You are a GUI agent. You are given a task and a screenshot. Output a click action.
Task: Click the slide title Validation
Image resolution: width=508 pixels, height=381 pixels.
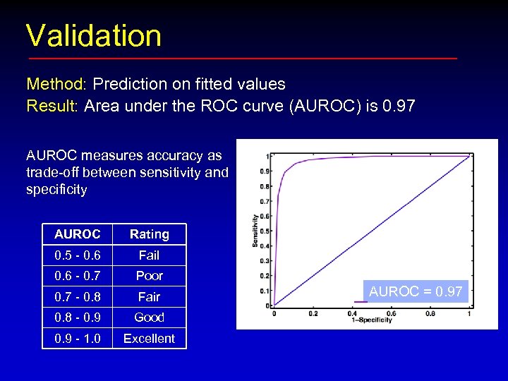point(94,36)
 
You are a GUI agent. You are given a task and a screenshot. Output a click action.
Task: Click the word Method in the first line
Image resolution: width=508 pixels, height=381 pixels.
point(55,85)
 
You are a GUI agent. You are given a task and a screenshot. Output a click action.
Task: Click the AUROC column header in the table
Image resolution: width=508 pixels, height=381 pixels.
point(77,234)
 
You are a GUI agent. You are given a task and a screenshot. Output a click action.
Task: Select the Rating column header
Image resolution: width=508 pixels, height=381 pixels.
point(149,234)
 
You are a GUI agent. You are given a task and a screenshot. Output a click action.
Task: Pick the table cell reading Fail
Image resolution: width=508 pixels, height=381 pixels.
point(149,255)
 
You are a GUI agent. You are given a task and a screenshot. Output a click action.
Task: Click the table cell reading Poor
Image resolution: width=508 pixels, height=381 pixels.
point(149,276)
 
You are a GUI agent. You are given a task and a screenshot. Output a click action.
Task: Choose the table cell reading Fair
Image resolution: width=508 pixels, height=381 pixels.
point(149,297)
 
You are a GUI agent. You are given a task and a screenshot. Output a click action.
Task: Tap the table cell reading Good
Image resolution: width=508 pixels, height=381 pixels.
point(149,317)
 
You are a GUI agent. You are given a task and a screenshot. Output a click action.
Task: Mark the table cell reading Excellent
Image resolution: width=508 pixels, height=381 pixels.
point(149,339)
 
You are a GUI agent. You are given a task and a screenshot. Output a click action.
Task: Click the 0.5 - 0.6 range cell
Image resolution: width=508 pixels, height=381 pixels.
point(77,255)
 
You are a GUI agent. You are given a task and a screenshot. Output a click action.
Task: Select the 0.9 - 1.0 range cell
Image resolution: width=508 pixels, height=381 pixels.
point(77,339)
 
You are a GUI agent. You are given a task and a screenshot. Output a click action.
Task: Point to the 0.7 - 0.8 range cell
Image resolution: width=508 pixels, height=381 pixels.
point(77,297)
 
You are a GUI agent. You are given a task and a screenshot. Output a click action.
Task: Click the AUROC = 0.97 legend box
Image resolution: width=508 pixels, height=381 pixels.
point(416,291)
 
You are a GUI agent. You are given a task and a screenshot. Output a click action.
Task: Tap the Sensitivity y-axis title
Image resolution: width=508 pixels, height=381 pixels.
point(255,231)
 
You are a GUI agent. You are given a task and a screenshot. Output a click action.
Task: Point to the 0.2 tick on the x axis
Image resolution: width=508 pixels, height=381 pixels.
point(313,313)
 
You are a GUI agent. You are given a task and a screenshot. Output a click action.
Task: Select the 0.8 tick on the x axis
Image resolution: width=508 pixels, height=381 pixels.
point(430,313)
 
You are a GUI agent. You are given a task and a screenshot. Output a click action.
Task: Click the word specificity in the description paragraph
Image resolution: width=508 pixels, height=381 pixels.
point(56,190)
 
